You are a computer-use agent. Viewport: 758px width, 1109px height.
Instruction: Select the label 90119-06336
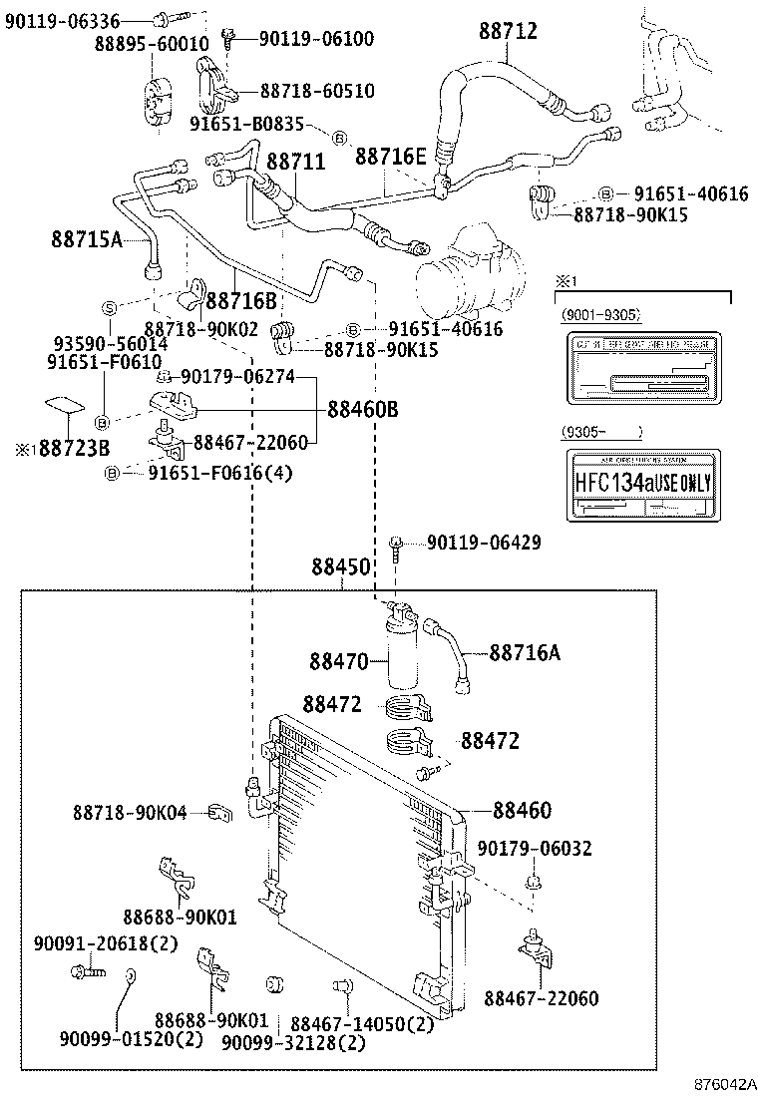(62, 20)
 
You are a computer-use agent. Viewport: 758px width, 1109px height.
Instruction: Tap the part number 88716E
(391, 157)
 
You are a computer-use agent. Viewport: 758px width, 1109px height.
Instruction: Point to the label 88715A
(87, 238)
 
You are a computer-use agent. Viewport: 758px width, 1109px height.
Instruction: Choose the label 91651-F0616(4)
(220, 473)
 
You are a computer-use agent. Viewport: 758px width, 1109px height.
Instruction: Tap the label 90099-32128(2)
(293, 1042)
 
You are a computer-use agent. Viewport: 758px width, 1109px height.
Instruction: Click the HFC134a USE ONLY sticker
(641, 484)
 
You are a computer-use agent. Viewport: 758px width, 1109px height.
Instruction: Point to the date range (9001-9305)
(599, 315)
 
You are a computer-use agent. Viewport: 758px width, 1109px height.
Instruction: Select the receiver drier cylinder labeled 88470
(404, 653)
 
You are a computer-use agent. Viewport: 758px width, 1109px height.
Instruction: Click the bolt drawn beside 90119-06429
(398, 544)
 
